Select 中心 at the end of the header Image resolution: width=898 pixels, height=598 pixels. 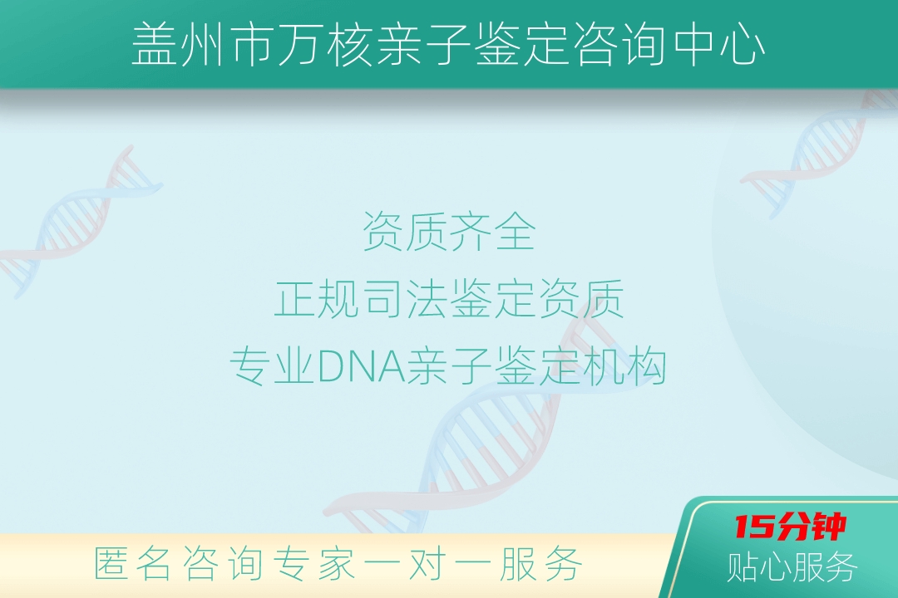[x=719, y=45]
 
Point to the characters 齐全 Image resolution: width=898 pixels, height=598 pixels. [x=492, y=231]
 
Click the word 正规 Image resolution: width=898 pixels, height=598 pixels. [x=317, y=299]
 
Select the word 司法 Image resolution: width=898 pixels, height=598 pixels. [x=405, y=299]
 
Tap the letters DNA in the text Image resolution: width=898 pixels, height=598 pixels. [x=361, y=366]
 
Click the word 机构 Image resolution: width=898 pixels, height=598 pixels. [x=624, y=366]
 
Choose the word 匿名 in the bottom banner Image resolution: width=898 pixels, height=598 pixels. [x=132, y=564]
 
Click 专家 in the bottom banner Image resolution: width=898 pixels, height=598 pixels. [x=313, y=564]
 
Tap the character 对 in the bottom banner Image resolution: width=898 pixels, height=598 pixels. [x=427, y=564]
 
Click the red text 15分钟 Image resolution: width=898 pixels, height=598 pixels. [x=791, y=527]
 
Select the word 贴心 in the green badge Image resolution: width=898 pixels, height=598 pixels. [x=759, y=566]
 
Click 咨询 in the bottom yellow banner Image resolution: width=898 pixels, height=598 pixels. [x=223, y=564]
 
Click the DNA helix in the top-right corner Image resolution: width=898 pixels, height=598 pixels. [x=819, y=152]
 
